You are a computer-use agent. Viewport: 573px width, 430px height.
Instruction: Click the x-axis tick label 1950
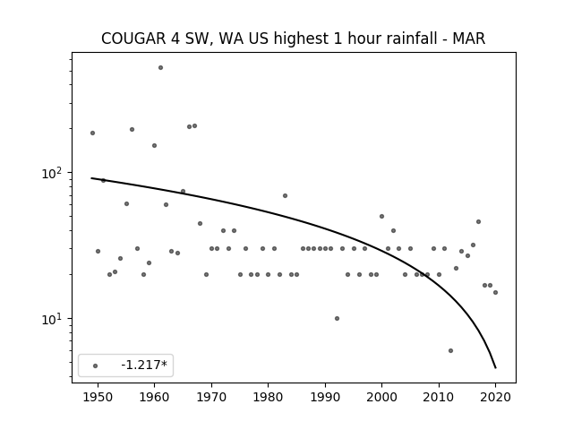pyautogui.click(x=98, y=397)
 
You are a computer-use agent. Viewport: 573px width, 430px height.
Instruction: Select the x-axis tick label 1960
pyautogui.click(x=154, y=397)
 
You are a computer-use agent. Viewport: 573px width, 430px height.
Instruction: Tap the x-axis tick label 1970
pyautogui.click(x=211, y=397)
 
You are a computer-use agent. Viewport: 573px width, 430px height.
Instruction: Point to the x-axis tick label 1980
pyautogui.click(x=268, y=397)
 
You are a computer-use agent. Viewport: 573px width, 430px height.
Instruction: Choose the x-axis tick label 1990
pyautogui.click(x=325, y=397)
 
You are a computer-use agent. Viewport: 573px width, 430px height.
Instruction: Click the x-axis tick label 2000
pyautogui.click(x=381, y=397)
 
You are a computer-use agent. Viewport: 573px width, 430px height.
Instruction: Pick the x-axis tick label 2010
pyautogui.click(x=439, y=397)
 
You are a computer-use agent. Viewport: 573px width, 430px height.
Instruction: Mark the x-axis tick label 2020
pyautogui.click(x=495, y=397)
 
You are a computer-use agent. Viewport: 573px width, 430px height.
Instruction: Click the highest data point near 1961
pyautogui.click(x=160, y=68)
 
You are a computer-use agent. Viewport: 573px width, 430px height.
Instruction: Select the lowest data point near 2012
pyautogui.click(x=450, y=350)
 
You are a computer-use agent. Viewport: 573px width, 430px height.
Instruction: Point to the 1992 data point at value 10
pyautogui.click(x=337, y=319)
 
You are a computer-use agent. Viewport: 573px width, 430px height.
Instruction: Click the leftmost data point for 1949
pyautogui.click(x=92, y=133)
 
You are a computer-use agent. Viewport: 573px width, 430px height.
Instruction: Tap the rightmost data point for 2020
pyautogui.click(x=495, y=293)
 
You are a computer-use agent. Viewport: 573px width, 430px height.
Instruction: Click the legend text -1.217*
pyautogui.click(x=144, y=365)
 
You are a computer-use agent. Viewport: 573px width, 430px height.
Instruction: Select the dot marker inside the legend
pyautogui.click(x=95, y=365)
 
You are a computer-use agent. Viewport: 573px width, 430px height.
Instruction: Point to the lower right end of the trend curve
pyautogui.click(x=495, y=368)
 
